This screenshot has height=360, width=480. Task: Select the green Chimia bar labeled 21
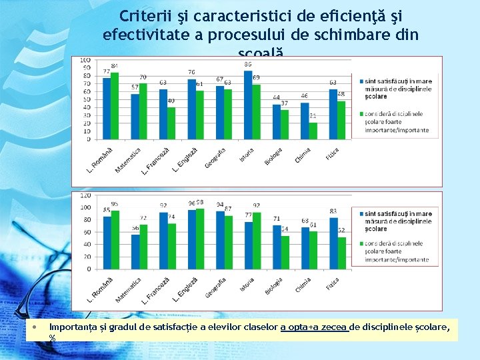(x=313, y=131)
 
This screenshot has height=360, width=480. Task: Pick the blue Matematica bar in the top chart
(x=135, y=117)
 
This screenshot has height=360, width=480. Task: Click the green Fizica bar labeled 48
(x=341, y=121)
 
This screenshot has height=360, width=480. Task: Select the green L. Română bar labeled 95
(x=115, y=239)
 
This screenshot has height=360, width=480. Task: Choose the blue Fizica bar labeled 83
(x=333, y=243)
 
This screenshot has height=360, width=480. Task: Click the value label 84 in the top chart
(x=115, y=65)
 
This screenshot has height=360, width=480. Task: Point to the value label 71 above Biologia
(x=277, y=219)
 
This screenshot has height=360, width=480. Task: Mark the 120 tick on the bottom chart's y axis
(x=85, y=195)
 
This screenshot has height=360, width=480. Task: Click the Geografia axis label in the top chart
(x=215, y=157)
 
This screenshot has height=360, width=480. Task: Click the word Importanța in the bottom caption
(x=73, y=327)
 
